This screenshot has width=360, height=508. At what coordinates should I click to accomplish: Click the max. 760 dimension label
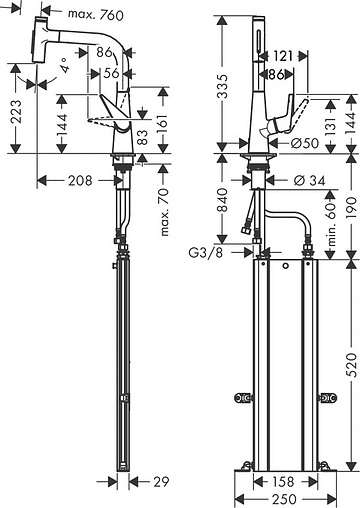(96, 14)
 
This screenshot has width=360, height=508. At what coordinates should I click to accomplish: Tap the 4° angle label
(65, 65)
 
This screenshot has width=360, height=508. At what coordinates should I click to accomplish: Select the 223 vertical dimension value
(15, 111)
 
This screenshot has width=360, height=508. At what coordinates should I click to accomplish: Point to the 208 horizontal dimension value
(80, 180)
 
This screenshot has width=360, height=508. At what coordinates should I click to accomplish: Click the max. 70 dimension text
(165, 212)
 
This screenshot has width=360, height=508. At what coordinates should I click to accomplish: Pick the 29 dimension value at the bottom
(161, 482)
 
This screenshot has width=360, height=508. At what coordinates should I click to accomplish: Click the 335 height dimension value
(222, 86)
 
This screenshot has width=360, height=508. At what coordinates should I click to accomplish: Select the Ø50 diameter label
(305, 143)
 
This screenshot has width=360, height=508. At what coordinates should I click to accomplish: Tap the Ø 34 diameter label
(310, 180)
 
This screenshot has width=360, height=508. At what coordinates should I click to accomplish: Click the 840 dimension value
(222, 200)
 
